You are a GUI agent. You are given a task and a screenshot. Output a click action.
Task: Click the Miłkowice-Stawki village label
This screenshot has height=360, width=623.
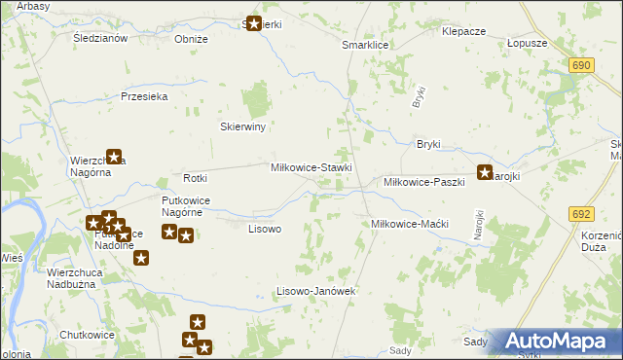coord(311,167)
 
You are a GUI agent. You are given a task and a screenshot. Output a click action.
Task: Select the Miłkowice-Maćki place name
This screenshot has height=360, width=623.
coord(409,224)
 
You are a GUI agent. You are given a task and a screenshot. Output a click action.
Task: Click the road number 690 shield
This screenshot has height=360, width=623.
coord(582,64)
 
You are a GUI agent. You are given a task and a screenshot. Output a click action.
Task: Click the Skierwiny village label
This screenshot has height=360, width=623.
coord(243,126)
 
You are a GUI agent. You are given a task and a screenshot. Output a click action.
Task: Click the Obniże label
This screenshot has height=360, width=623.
coord(191,39)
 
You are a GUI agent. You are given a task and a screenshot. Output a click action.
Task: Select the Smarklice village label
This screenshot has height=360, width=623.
coord(365,46)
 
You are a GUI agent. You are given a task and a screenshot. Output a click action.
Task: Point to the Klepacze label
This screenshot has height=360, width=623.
coord(463,31)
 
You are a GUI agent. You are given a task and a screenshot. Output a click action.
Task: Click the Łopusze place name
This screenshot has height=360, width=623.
coord(528,44)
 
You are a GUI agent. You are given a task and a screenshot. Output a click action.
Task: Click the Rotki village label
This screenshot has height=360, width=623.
coord(196,178)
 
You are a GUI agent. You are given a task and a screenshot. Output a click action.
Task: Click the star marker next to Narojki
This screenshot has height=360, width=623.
coord(484,173)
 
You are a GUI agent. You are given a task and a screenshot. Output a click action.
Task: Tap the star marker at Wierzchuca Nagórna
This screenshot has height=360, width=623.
coord(114,155)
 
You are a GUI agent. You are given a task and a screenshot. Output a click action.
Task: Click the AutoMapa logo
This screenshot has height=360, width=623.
coord(560,342)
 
